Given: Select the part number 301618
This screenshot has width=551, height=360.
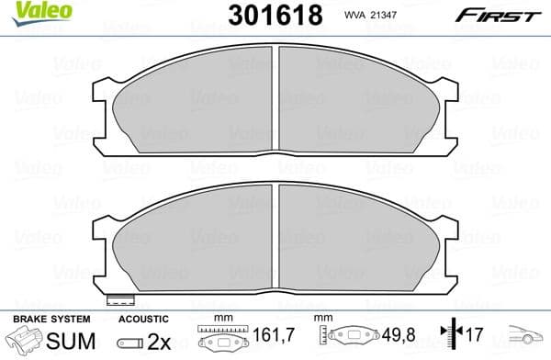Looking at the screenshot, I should tap(274, 15).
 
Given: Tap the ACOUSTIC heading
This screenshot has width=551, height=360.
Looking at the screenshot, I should tap(141, 318).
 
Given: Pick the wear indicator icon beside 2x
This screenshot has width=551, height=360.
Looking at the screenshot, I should tap(131, 342).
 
